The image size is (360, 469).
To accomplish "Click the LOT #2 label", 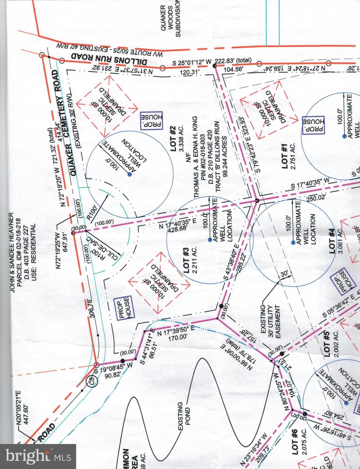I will point(173,139).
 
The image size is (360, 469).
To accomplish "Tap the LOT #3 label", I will point(187,257).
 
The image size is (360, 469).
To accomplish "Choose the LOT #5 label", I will point(327,344).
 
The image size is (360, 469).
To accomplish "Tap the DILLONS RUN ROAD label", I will point(110,58).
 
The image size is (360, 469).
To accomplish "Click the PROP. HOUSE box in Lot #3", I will point(124,308).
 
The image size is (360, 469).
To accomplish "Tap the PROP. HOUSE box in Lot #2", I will point(152,120).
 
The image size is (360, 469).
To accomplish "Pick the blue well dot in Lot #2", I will point(129,175).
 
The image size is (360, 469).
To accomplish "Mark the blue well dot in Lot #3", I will point(210,240).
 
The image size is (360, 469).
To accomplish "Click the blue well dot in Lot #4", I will point(293,243).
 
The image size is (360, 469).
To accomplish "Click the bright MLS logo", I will point(38,456).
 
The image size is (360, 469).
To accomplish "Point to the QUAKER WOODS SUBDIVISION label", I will point(171,21).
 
